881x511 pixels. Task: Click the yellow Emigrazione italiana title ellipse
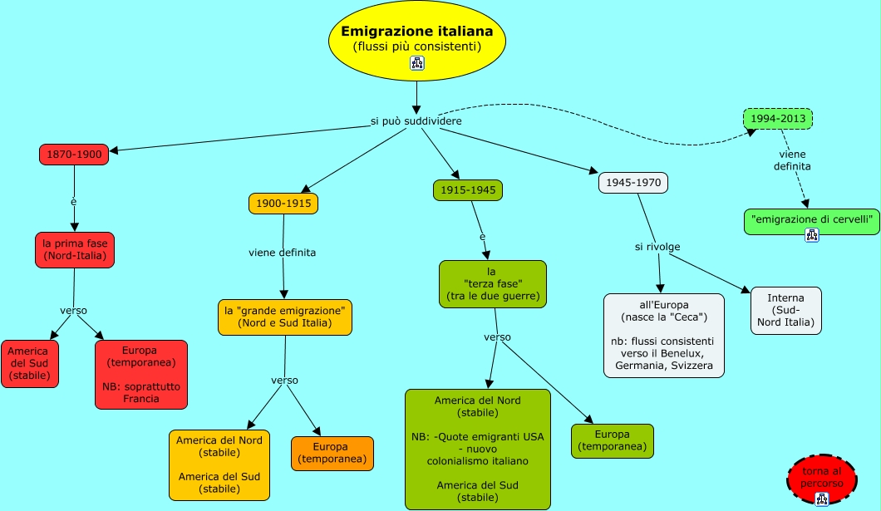click(x=416, y=39)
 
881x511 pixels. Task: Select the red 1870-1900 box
click(x=74, y=154)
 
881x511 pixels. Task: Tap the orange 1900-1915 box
click(x=283, y=203)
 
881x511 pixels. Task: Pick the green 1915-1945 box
click(x=468, y=189)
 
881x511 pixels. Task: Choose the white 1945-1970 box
click(x=633, y=182)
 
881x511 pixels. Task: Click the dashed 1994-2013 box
click(x=777, y=119)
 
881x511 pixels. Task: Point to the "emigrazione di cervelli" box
click(x=811, y=221)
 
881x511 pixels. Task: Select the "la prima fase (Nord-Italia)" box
click(x=75, y=250)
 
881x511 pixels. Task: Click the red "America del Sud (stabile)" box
click(x=30, y=363)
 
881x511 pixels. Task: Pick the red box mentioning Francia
click(x=141, y=375)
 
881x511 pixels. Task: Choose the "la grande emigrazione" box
click(x=285, y=317)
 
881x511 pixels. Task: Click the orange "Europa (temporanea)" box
click(x=332, y=453)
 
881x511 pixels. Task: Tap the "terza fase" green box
click(x=492, y=284)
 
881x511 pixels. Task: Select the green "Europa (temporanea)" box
click(x=612, y=440)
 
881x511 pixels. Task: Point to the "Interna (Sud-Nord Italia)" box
click(x=785, y=310)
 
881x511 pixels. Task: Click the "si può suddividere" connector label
click(x=416, y=121)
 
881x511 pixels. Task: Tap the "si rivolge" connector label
click(x=657, y=247)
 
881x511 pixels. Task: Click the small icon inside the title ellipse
click(x=417, y=63)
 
